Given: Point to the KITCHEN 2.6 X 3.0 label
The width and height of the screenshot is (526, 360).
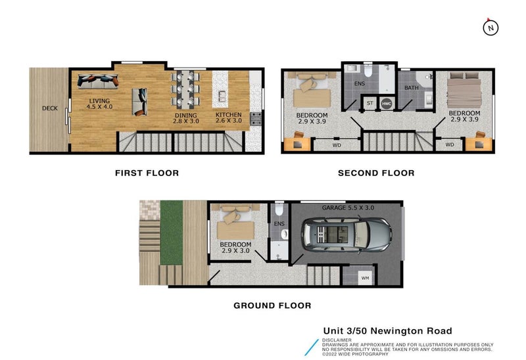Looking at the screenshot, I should [229, 118].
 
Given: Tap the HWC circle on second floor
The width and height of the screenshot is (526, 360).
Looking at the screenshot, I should [387, 103].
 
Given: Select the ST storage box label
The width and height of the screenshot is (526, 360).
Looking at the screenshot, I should [370, 103].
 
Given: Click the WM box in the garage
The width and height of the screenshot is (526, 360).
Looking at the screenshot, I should [365, 278].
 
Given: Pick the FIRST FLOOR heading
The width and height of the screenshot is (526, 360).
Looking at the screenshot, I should [147, 173].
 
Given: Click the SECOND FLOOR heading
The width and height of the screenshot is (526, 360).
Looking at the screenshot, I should [376, 173].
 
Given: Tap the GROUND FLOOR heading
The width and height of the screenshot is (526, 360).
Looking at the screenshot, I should [272, 305].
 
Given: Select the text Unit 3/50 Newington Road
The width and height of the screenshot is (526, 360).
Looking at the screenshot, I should [387, 330].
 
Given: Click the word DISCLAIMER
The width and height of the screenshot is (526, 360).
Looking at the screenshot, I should [337, 340].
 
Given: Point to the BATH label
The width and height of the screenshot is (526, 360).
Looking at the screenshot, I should [412, 87].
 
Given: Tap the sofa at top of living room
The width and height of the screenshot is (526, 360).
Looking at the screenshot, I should [98, 81].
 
